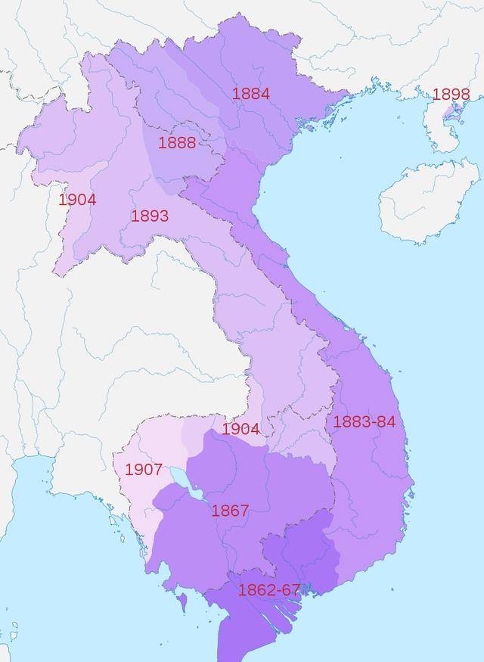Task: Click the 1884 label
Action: click(251, 94)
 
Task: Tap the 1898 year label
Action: click(451, 95)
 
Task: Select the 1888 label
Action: click(177, 142)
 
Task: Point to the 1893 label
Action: click(150, 216)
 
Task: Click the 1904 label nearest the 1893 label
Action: click(77, 200)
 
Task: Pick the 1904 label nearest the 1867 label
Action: click(240, 429)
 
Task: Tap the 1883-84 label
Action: click(365, 421)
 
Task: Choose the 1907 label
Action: click(144, 469)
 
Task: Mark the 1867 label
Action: click(230, 511)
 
